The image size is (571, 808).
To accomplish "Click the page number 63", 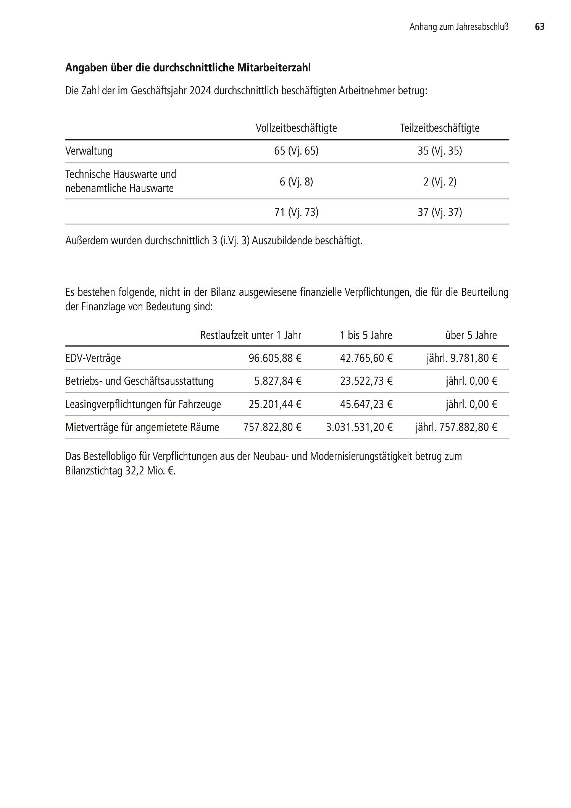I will [x=539, y=27].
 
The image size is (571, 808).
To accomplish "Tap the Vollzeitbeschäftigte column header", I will [x=296, y=128].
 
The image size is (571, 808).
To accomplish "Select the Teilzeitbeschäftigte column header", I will [x=440, y=128].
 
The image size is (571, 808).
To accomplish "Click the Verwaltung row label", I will [x=89, y=151].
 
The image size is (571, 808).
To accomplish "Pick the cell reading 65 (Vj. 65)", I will [x=296, y=151].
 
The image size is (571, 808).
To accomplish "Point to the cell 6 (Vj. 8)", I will [x=296, y=182].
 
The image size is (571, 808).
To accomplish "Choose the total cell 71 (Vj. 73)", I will [x=296, y=212].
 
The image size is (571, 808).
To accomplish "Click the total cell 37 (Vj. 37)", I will [x=440, y=212].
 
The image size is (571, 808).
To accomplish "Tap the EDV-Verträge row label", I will [x=93, y=358].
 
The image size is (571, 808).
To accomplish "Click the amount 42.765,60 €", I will [x=366, y=358].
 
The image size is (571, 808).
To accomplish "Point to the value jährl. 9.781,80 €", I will [x=462, y=358].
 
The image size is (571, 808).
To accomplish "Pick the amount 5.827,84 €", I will [x=278, y=381].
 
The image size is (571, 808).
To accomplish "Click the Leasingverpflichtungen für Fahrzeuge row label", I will [x=143, y=404].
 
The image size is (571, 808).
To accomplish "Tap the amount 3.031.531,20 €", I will [x=359, y=427].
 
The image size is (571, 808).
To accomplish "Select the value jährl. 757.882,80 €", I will [x=456, y=427].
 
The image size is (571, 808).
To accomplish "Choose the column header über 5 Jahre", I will [x=471, y=335].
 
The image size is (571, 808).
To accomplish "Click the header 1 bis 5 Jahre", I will [x=366, y=335].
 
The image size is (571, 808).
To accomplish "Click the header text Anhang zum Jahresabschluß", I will [x=459, y=27].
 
